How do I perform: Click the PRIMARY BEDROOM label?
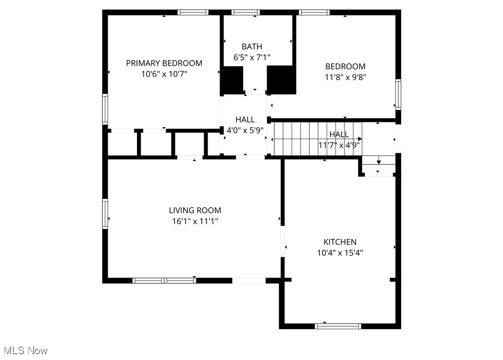164,63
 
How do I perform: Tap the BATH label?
252,47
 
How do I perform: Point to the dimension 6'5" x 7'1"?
252,58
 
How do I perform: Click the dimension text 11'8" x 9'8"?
345,77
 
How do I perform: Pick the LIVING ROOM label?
195,210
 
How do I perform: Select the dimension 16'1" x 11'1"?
195,221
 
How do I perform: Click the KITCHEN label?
340,242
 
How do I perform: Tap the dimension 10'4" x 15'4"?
340,253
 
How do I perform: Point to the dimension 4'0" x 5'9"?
245,130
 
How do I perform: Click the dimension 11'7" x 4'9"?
339,145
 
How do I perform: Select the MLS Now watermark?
25,351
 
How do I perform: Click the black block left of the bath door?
232,80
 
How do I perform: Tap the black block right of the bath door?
281,80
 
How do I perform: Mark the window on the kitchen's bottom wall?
338,326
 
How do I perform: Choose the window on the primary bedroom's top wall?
193,12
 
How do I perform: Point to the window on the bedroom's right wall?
398,95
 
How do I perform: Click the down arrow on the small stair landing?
379,162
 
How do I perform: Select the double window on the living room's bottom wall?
164,280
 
